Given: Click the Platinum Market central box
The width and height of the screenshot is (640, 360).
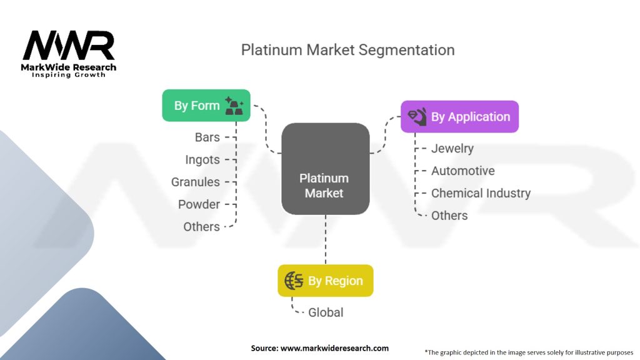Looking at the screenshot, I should point(325,169).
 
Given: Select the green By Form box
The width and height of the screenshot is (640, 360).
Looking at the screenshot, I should point(206,105).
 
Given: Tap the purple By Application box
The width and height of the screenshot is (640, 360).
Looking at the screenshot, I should point(459,117).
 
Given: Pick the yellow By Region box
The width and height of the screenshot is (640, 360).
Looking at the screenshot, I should point(325,281).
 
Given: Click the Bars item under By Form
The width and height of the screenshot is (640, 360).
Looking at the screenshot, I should point(207,137).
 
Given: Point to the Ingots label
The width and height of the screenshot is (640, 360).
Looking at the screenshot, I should point(202,159).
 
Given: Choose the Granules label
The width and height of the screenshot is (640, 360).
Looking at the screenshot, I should point(196,182).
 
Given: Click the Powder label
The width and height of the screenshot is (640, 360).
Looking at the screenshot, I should point(199,204).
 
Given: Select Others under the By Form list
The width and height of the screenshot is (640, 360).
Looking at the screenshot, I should point(201,227).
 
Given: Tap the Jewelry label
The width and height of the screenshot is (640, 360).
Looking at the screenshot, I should point(452,148).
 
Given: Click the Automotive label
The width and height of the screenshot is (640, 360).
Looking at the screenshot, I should point(462,171).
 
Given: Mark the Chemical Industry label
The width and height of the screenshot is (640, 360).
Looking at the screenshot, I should point(481,193).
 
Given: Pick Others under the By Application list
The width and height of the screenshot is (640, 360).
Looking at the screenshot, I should point(449,216).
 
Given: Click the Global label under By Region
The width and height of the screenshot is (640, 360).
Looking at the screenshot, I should point(326,312).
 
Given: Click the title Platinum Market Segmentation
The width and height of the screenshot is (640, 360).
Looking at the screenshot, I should point(347,50).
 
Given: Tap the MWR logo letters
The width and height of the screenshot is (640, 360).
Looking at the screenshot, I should point(69,46).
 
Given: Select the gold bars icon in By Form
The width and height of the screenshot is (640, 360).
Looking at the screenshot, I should point(236,106).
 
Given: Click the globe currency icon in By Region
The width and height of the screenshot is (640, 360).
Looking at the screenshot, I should point(294,281).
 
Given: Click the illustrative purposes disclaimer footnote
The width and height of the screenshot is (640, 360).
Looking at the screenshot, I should point(529,352).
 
